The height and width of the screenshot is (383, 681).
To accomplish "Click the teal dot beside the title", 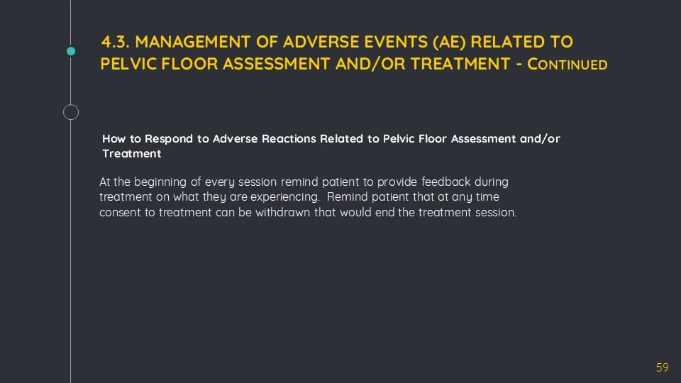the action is point(71,51).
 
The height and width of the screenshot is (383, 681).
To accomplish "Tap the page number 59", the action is point(663,368).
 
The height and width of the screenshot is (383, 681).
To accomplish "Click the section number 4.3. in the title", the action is point(115,42).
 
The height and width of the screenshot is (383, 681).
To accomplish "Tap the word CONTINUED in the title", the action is point(567,65).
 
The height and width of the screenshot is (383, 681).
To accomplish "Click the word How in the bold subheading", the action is point(113,139).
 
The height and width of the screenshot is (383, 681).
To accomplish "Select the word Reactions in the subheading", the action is point(289,139).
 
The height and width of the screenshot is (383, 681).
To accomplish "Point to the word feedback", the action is point(445,182).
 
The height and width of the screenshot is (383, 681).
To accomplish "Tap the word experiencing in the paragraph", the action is point(284,197).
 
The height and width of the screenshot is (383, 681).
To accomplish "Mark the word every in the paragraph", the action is point(220,182).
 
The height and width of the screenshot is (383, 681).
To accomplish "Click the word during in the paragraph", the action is point(491,182).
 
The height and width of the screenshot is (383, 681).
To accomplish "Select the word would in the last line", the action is point(355,212).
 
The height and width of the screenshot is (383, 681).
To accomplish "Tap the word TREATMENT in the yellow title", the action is point(460,65).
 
